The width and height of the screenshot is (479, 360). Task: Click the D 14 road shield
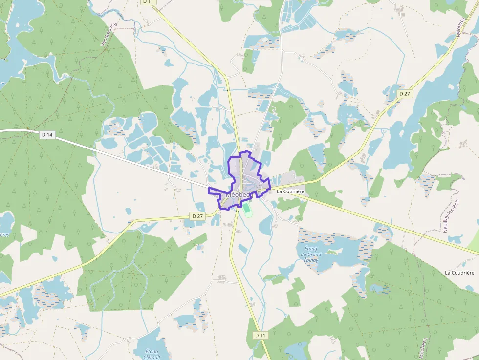47,134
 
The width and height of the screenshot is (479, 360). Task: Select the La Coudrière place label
460,272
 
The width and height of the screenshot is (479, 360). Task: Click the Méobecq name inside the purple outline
238,194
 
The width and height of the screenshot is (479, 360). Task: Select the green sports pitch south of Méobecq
248,210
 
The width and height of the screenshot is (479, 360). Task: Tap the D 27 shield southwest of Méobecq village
197,216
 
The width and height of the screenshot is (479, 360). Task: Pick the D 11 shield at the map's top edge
149,2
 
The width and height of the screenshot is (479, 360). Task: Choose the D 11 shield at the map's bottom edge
260,336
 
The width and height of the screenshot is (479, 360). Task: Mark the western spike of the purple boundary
210,189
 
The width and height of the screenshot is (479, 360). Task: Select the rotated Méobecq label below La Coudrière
422,347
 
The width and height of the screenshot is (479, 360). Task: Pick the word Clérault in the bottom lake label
152,357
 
